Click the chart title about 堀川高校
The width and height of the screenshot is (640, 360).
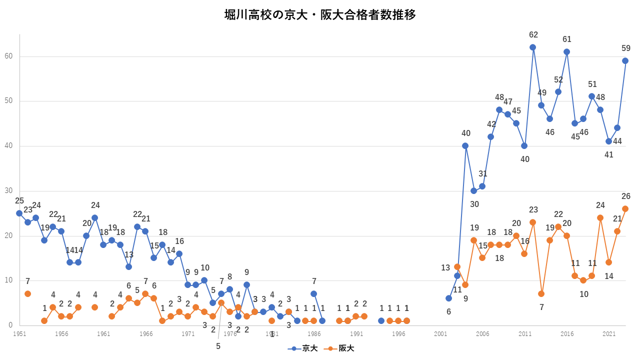(x=320, y=14)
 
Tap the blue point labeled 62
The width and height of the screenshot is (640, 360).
(x=532, y=47)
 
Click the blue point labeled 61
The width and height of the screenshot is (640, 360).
(x=566, y=52)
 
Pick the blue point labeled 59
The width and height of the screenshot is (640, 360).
(x=625, y=61)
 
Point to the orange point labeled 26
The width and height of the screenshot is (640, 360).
(x=625, y=209)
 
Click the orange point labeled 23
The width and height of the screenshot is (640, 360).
(x=532, y=222)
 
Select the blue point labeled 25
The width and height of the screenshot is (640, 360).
(x=19, y=213)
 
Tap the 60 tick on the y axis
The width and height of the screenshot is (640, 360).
(x=8, y=56)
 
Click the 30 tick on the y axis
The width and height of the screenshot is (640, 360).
(x=8, y=191)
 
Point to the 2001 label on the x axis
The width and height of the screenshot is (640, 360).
(x=440, y=333)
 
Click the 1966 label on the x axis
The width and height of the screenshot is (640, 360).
(x=146, y=333)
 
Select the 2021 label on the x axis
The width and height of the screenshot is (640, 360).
(x=609, y=333)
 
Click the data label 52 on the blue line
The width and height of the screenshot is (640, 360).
(x=558, y=80)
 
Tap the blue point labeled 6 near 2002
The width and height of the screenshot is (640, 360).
(x=448, y=298)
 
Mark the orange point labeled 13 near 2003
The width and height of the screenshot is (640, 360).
(x=457, y=267)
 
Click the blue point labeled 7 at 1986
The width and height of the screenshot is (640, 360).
(x=313, y=294)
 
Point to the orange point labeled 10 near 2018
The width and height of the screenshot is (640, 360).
(x=583, y=280)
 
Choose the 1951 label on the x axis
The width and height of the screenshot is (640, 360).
(x=19, y=333)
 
